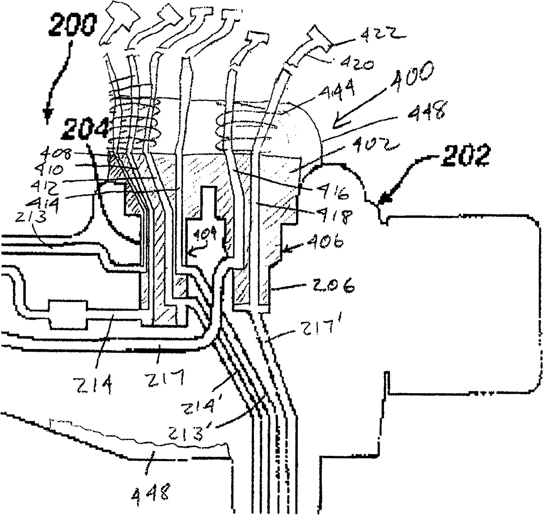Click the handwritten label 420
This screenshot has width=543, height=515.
coord(358,62)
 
